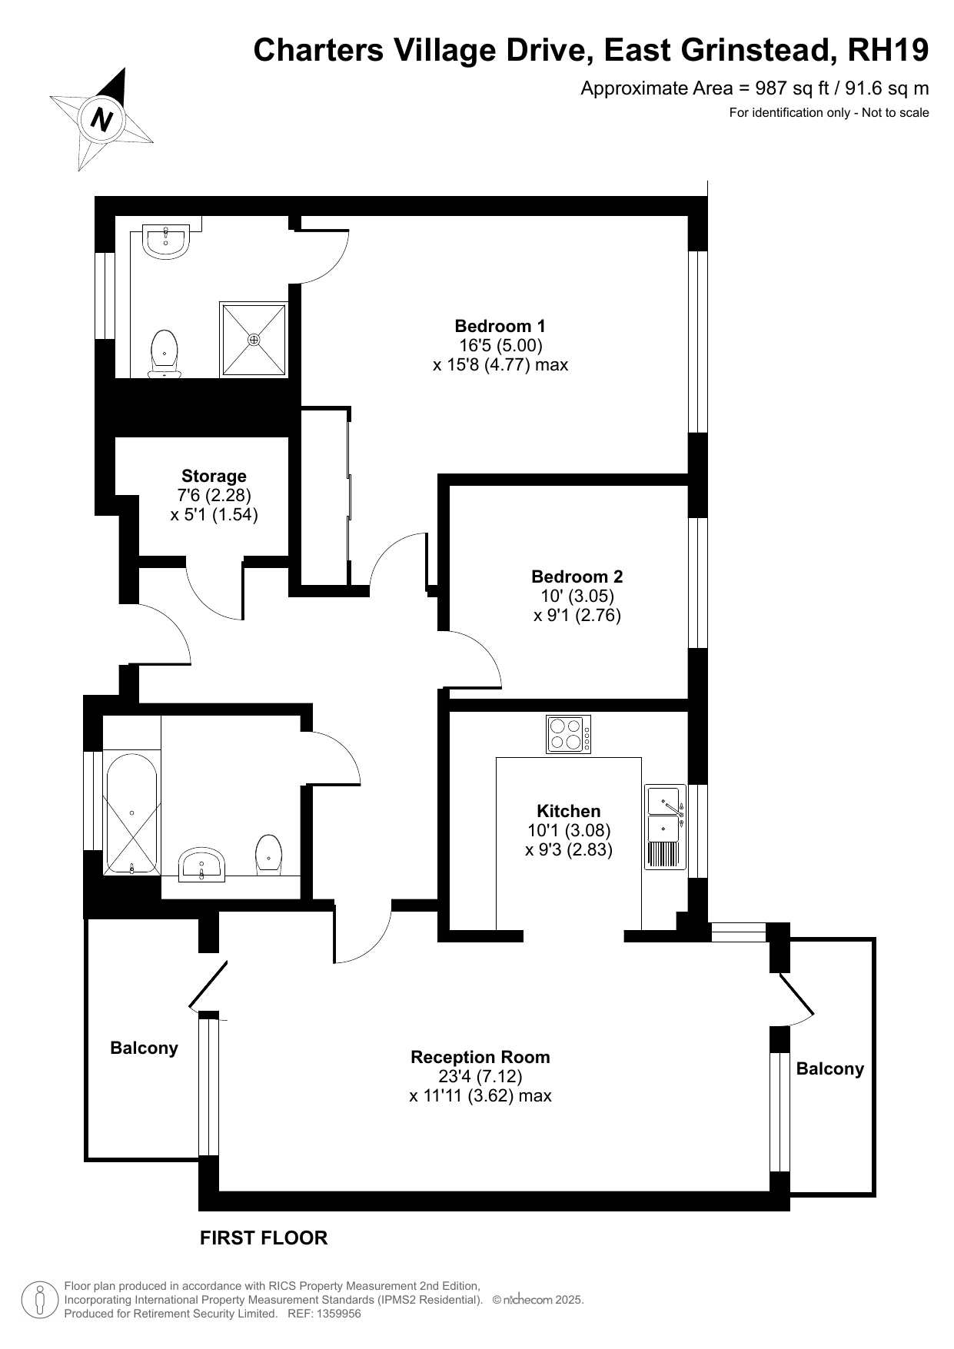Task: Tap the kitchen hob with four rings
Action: (x=569, y=734)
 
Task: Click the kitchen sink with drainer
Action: (x=665, y=826)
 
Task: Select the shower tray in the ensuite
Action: (x=254, y=339)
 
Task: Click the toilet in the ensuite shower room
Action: (x=165, y=354)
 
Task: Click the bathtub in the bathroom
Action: (x=132, y=814)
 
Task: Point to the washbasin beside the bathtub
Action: (x=202, y=865)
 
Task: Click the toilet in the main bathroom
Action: (x=268, y=854)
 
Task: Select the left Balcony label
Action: (x=144, y=1048)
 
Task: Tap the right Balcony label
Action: (x=830, y=1068)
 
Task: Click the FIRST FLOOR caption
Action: (x=264, y=1238)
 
